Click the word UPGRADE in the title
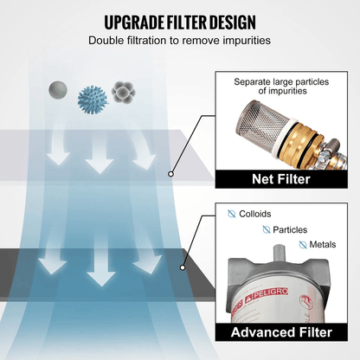134,22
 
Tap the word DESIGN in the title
233,22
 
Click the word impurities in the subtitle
247,41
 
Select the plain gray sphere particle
58,89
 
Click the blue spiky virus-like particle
93,99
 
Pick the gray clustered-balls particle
123,93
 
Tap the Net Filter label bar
281,179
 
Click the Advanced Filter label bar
281,332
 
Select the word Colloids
255,214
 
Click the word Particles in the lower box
290,230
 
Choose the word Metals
323,245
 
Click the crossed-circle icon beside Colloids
231,214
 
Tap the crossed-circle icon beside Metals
303,245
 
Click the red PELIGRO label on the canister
266,293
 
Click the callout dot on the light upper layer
170,174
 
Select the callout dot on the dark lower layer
183,267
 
